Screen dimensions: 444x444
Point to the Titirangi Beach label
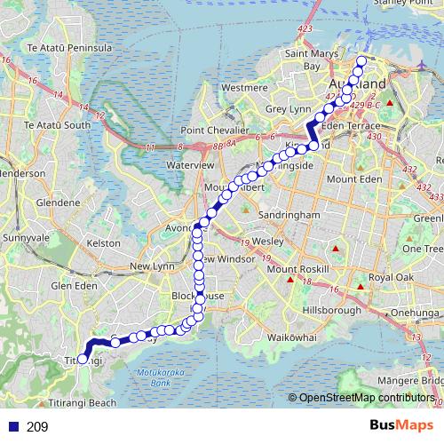pyautogui.click(x=91, y=402)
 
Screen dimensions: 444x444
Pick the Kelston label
pyautogui.click(x=104, y=242)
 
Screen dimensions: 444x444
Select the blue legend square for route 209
pyautogui.click(x=11, y=426)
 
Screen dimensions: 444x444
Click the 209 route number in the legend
pyautogui.click(x=38, y=426)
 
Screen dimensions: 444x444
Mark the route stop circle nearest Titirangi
pyautogui.click(x=83, y=359)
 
